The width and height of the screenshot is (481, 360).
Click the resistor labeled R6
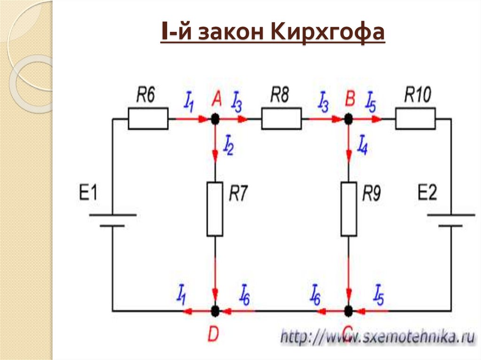148,119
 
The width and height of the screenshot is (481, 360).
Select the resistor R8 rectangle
281,119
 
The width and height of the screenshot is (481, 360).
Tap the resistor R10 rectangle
415,119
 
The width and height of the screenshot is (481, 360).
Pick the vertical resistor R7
215,209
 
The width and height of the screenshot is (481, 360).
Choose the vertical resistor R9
349,209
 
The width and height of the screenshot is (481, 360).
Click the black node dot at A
215,119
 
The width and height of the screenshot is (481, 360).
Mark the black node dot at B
349,119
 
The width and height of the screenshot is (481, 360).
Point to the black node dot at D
215,310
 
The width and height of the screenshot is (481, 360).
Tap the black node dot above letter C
349,310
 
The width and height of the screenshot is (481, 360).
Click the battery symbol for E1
112,220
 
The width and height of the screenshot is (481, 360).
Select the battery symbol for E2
451,220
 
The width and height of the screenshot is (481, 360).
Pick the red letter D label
213,334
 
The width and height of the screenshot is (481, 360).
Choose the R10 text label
417,96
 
